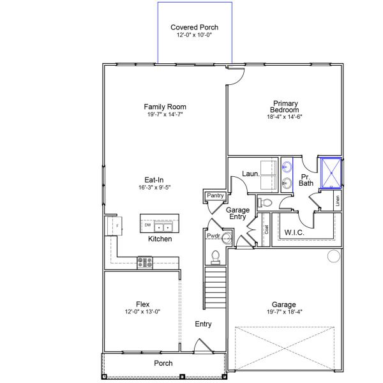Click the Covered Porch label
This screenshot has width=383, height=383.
(195, 27)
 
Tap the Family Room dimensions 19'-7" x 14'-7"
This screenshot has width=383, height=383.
(165, 114)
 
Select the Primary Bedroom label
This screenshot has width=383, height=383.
(285, 107)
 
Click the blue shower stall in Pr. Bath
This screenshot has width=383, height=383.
(331, 173)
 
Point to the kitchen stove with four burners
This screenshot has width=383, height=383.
(145, 262)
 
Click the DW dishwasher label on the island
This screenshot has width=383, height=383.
(147, 225)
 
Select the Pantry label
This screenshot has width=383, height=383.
(215, 195)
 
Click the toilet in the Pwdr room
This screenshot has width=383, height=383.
(216, 258)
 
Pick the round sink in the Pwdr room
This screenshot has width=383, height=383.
(227, 237)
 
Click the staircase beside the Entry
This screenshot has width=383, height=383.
(215, 288)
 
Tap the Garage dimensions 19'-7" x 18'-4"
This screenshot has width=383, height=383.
(285, 312)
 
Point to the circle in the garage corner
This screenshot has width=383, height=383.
(334, 256)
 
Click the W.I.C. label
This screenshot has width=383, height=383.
(294, 232)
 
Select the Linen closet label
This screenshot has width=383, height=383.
(338, 201)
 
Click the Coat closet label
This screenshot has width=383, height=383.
(266, 229)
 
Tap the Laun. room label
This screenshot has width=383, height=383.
(251, 174)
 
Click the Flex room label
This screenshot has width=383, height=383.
(142, 304)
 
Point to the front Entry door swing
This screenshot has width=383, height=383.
(203, 345)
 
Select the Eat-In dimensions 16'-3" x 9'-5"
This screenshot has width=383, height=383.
(154, 187)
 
